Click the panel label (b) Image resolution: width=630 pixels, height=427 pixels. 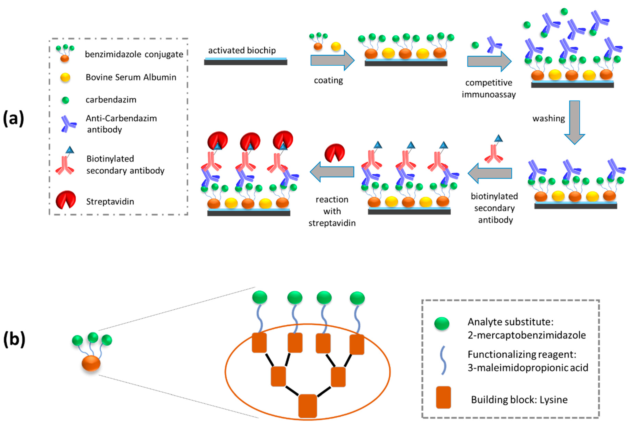click(14, 339)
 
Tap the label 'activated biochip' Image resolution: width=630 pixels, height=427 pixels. click(242, 50)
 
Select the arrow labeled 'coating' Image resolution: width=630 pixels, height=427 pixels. click(332, 60)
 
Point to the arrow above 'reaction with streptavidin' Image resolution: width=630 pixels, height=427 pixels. click(332, 172)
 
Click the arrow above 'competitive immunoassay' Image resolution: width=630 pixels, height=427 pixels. click(489, 61)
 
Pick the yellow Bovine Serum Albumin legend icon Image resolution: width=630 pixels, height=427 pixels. click(65, 77)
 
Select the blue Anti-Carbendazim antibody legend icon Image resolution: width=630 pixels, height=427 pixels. click(68, 124)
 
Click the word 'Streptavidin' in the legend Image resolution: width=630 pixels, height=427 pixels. click(110, 201)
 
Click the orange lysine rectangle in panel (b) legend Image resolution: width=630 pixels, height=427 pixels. click(443, 397)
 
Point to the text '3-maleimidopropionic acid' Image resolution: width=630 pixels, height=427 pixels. click(528, 368)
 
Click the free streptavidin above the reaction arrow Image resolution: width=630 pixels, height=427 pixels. click(335, 153)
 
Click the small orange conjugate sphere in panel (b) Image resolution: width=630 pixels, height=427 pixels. click(91, 363)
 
